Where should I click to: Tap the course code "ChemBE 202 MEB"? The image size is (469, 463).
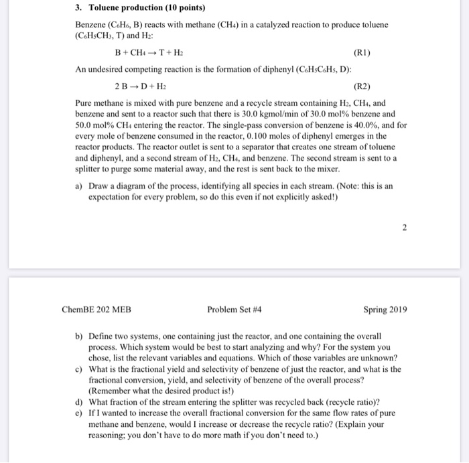tap(96, 310)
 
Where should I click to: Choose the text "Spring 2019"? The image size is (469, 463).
tap(385, 310)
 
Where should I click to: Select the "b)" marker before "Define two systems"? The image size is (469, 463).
tap(79, 336)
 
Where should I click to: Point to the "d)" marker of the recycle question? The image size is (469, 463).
tap(79, 402)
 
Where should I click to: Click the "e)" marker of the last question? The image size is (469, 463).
tap(79, 413)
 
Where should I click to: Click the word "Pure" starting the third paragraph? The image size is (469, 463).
tap(84, 104)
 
